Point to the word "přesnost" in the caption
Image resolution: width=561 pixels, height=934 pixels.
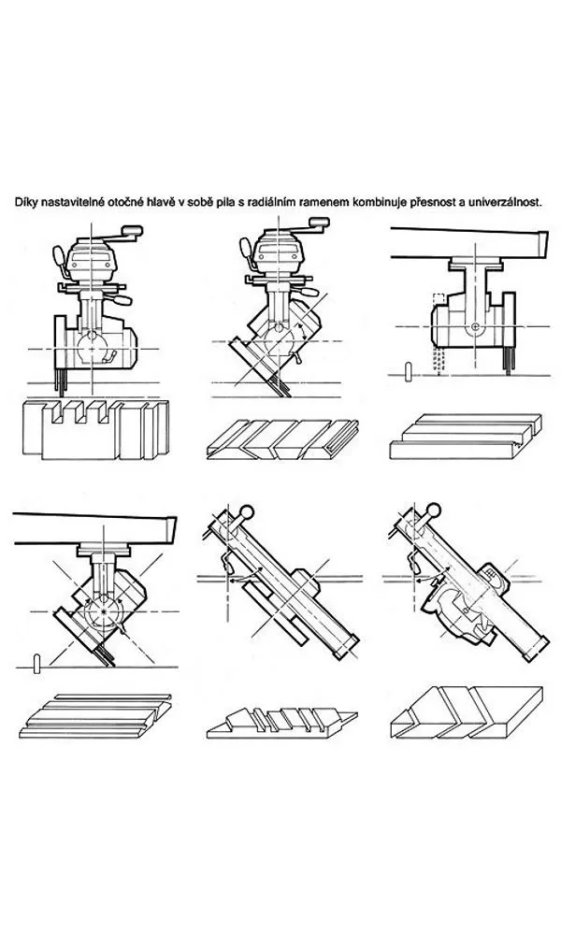click(x=435, y=201)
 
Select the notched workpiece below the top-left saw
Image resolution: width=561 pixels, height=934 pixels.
click(x=94, y=428)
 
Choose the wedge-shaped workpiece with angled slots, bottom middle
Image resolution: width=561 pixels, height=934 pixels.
click(x=280, y=719)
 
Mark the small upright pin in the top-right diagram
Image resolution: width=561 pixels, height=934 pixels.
click(x=409, y=370)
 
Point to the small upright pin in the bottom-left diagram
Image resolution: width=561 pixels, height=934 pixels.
click(x=36, y=663)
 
